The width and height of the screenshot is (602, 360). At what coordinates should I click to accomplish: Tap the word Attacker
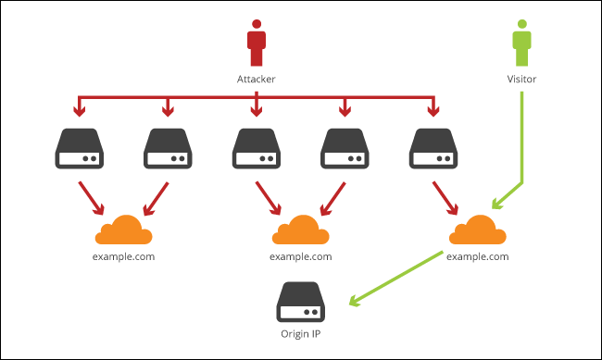pyautogui.click(x=257, y=81)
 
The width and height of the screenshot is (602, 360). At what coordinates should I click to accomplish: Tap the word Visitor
pyautogui.click(x=522, y=81)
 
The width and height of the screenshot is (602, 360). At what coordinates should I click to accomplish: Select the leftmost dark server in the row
pyautogui.click(x=81, y=150)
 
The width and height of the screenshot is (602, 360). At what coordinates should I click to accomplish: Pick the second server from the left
pyautogui.click(x=168, y=150)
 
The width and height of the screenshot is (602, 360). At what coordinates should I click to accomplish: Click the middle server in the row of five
pyautogui.click(x=257, y=150)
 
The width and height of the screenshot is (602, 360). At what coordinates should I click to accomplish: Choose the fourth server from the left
pyautogui.click(x=345, y=150)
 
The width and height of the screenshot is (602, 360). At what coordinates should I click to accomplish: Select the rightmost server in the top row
pyautogui.click(x=433, y=150)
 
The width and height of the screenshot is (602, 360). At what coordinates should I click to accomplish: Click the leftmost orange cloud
pyautogui.click(x=124, y=230)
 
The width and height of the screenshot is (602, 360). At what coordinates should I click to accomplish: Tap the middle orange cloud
pyautogui.click(x=300, y=230)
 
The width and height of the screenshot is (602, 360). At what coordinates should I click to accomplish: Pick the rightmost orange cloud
pyautogui.click(x=477, y=230)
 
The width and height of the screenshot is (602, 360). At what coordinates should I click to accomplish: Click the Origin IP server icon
pyautogui.click(x=300, y=301)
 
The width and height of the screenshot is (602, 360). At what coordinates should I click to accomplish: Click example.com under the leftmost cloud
pyautogui.click(x=124, y=255)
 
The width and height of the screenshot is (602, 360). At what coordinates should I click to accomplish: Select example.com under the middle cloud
pyautogui.click(x=300, y=255)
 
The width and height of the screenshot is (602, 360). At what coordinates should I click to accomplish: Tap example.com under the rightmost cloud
pyautogui.click(x=477, y=255)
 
